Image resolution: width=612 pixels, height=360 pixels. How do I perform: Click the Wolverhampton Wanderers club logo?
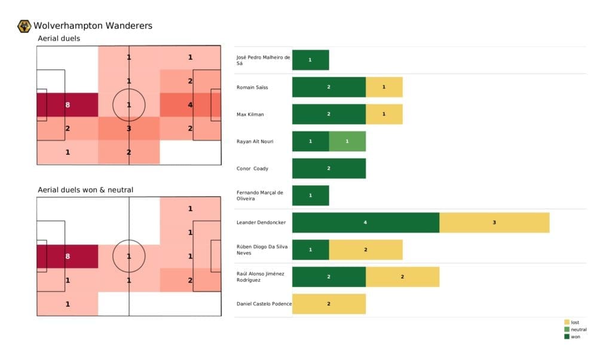pyautogui.click(x=25, y=26)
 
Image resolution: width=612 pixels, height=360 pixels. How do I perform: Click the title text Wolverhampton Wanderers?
pyautogui.click(x=93, y=26)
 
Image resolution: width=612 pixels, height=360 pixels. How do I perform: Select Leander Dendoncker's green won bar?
pyautogui.click(x=365, y=222)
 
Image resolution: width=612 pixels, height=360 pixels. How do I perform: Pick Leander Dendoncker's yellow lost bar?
pyautogui.click(x=494, y=222)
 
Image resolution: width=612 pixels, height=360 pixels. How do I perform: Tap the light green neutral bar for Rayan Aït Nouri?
pyautogui.click(x=347, y=141)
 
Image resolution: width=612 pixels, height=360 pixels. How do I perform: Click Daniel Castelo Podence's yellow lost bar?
pyautogui.click(x=329, y=304)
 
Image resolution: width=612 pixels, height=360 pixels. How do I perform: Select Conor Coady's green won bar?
pyautogui.click(x=329, y=169)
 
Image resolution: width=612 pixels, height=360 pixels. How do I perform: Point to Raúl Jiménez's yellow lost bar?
pyautogui.click(x=402, y=277)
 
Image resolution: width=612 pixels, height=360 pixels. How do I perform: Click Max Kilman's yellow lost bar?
pyautogui.click(x=384, y=114)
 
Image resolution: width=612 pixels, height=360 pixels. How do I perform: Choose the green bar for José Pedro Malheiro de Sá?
pyautogui.click(x=310, y=60)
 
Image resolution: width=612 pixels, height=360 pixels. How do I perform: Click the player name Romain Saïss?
pyautogui.click(x=252, y=87)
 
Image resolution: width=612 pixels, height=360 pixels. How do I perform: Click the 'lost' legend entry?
pyautogui.click(x=574, y=322)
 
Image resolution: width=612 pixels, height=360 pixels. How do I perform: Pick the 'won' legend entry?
pyautogui.click(x=574, y=337)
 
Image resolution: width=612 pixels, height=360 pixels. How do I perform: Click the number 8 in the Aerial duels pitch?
pyautogui.click(x=68, y=105)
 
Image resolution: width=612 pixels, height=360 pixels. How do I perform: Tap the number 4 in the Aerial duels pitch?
pyautogui.click(x=190, y=105)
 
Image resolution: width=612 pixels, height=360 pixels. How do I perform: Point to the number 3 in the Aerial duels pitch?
pyautogui.click(x=128, y=128)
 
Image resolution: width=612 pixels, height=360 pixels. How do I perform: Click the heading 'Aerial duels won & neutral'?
pyautogui.click(x=85, y=190)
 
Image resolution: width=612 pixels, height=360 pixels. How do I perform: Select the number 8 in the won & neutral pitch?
pyautogui.click(x=68, y=256)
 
